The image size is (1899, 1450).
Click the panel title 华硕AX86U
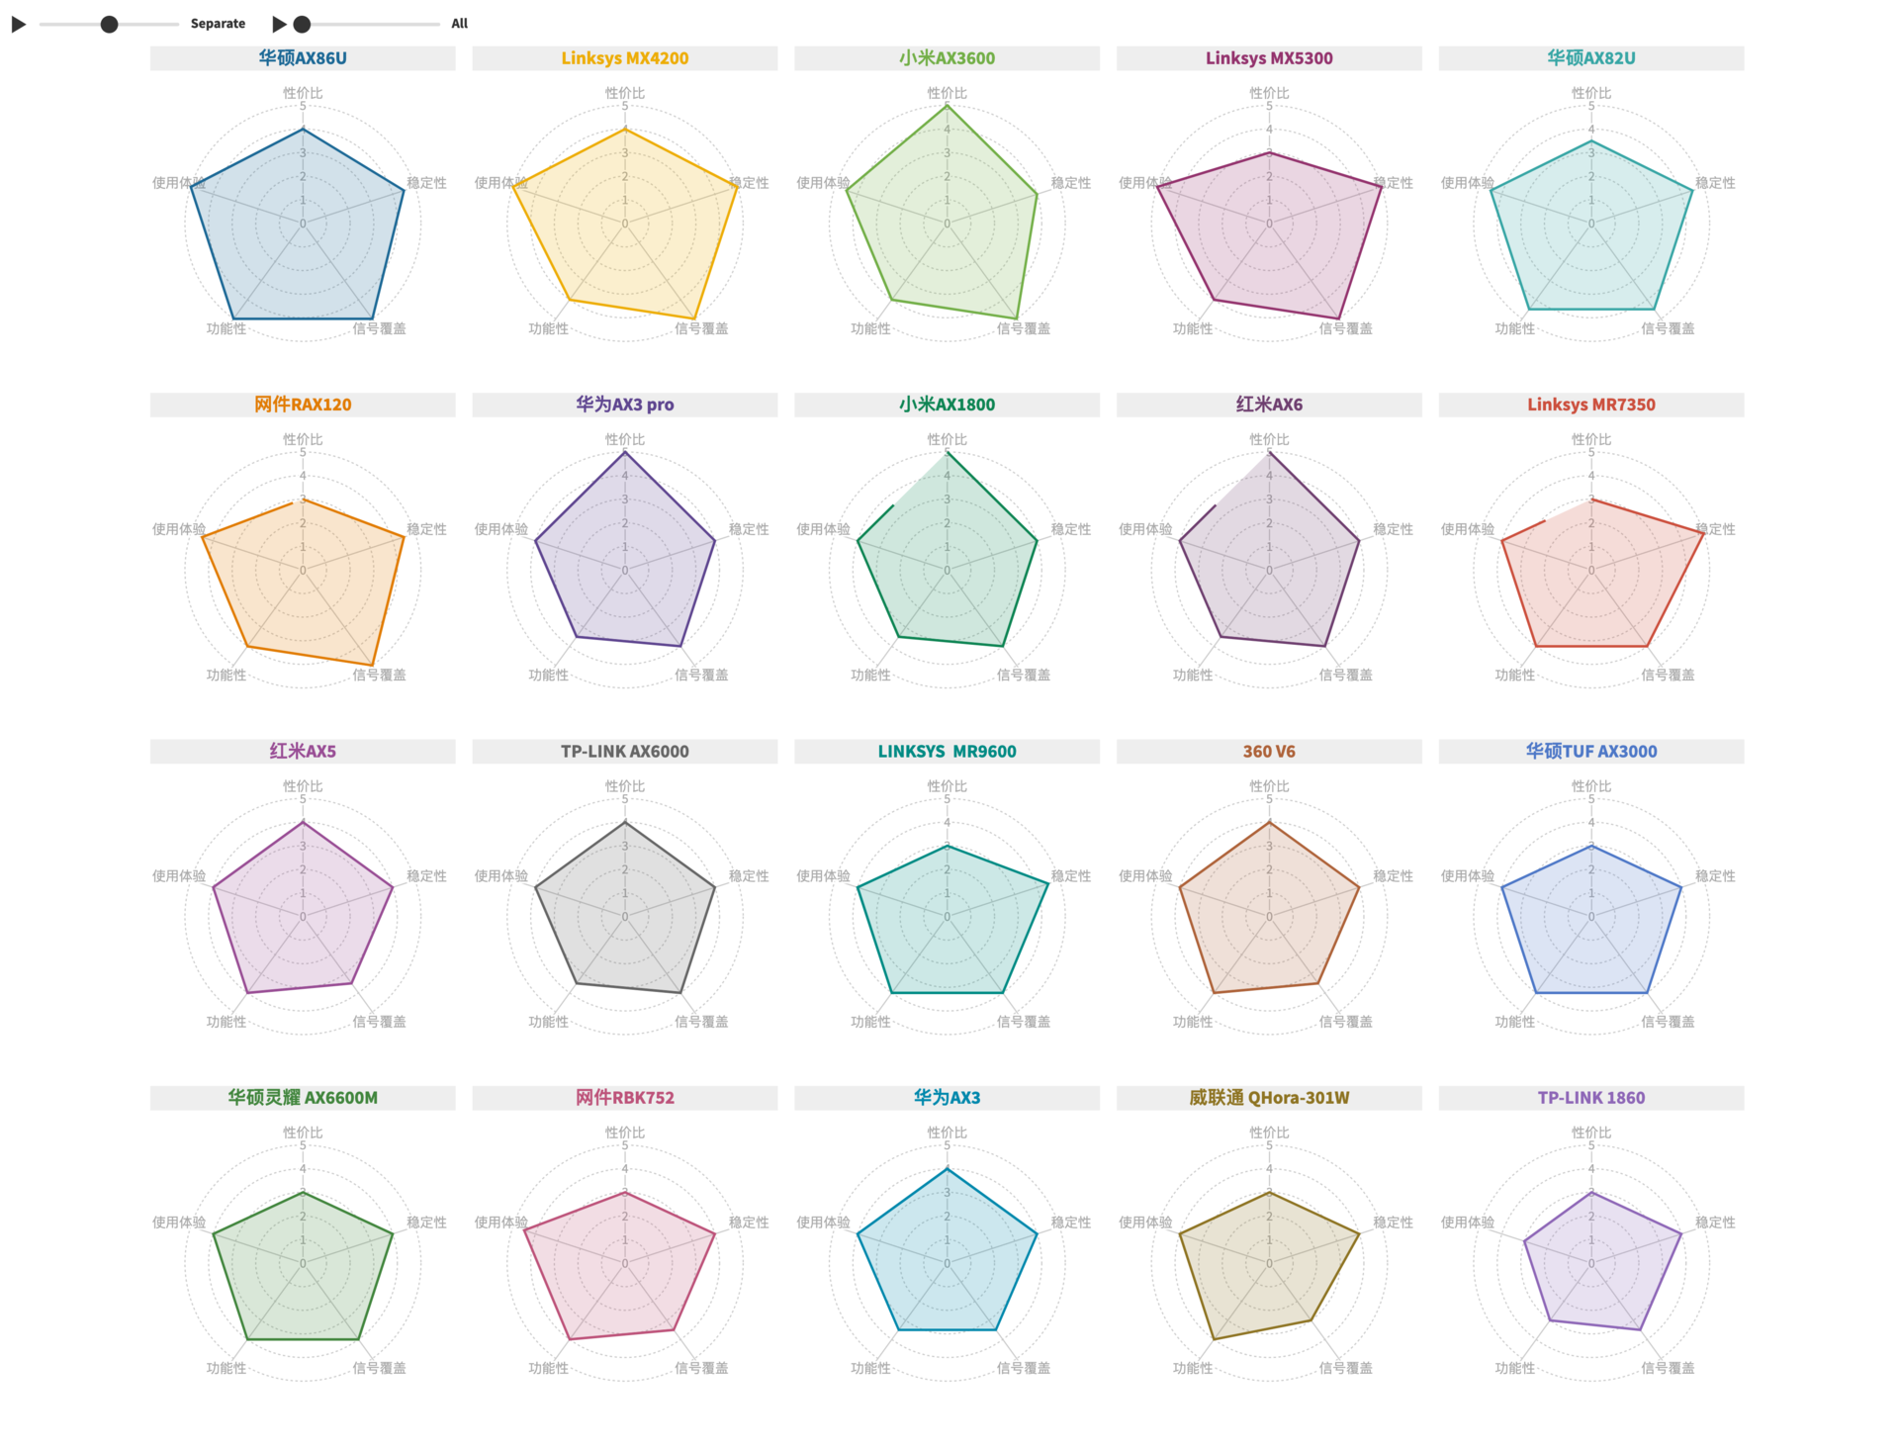pyautogui.click(x=303, y=58)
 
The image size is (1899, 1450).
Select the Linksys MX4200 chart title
pyautogui.click(x=624, y=58)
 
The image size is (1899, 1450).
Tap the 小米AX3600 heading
pyautogui.click(x=947, y=58)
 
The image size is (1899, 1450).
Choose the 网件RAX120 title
pyautogui.click(x=303, y=405)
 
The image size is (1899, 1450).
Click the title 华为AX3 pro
pyautogui.click(x=624, y=405)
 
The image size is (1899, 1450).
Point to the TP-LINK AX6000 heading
pyautogui.click(x=624, y=752)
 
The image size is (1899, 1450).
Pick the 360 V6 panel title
pyautogui.click(x=1269, y=752)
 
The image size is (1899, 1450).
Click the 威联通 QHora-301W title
pyautogui.click(x=1269, y=1098)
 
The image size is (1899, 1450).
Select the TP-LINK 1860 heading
pyautogui.click(x=1590, y=1098)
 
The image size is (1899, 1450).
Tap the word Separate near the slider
pyautogui.click(x=218, y=24)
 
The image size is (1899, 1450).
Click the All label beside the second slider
pyautogui.click(x=459, y=24)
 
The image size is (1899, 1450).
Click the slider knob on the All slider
pyautogui.click(x=303, y=24)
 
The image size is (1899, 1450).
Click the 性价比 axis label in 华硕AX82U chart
pyautogui.click(x=1590, y=93)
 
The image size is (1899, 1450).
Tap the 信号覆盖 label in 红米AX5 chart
pyautogui.click(x=379, y=1022)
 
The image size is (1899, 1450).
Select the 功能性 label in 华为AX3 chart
pyautogui.click(x=870, y=1368)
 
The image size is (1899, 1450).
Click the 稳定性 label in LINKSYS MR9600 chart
pyautogui.click(x=1071, y=876)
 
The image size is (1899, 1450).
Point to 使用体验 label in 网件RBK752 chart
pyautogui.click(x=500, y=1223)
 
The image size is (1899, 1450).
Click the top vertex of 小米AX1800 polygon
pyautogui.click(x=947, y=453)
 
